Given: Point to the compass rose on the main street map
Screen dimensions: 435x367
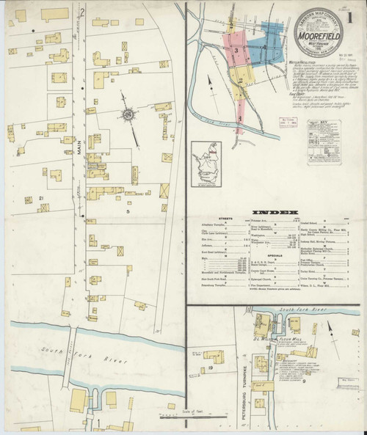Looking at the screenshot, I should [x=129, y=115].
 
